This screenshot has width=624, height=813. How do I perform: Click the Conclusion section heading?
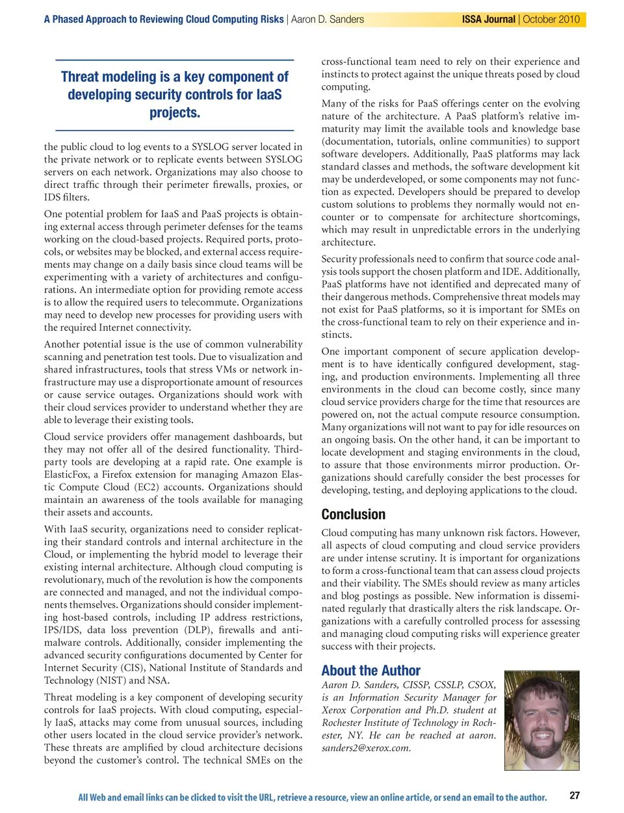click(353, 514)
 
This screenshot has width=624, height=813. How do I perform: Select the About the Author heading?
click(370, 670)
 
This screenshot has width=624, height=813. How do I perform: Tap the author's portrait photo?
click(541, 720)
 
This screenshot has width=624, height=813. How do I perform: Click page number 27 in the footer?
click(575, 795)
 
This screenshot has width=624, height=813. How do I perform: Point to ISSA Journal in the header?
click(488, 19)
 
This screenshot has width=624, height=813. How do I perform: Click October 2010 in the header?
click(551, 19)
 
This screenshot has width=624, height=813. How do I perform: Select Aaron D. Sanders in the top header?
click(327, 19)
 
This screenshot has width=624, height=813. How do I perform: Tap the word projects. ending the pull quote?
click(174, 112)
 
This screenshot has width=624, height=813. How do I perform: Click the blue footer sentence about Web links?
click(312, 797)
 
